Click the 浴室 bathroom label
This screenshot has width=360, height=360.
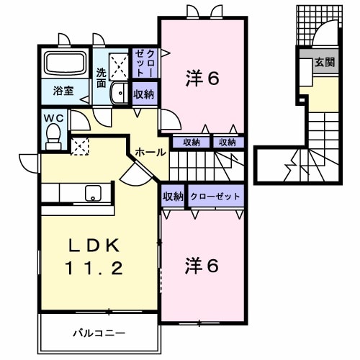[63, 91]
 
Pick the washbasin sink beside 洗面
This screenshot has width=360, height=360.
[119, 93]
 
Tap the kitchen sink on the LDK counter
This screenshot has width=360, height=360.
[93, 193]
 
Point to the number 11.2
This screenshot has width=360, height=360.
[97, 269]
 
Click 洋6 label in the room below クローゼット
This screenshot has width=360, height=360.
[203, 265]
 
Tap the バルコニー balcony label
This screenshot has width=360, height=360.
[99, 333]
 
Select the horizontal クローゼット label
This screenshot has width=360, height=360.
[216, 196]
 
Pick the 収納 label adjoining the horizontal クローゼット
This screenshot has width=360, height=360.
[173, 196]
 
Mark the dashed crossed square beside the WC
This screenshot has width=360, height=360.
[78, 145]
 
